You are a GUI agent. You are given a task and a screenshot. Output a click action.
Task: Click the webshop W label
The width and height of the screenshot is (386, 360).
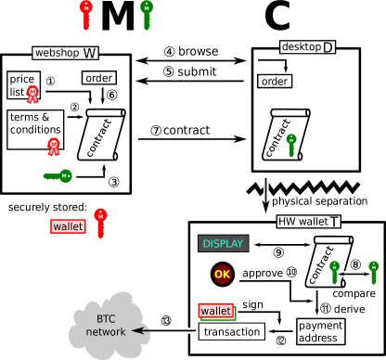[x=66, y=53]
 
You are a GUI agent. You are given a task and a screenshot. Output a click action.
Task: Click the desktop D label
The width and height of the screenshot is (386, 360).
[x=308, y=46]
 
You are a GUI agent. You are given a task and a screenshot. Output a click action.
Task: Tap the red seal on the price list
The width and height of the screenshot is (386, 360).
[x=33, y=93]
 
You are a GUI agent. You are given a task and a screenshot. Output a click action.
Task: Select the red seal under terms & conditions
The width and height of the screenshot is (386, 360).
[x=54, y=145]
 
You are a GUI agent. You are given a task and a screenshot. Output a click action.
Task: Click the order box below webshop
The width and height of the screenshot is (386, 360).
[x=98, y=78]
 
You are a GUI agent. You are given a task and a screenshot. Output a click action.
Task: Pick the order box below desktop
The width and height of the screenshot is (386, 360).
[x=274, y=82]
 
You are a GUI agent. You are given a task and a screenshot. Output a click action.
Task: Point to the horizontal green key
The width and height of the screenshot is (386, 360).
[x=58, y=175]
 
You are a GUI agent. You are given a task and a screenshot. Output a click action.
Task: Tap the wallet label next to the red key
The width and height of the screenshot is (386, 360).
[x=68, y=226]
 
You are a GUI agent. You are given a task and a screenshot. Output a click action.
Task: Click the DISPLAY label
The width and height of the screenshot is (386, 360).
[x=223, y=244]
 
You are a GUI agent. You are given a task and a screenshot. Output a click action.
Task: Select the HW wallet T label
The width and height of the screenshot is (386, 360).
[x=309, y=222]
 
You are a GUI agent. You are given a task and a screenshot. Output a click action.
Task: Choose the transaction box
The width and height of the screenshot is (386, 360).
[x=231, y=331]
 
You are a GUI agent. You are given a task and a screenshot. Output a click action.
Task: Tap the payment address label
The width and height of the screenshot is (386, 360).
[x=320, y=331]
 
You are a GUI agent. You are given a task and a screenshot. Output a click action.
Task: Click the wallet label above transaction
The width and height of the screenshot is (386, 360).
[x=215, y=311]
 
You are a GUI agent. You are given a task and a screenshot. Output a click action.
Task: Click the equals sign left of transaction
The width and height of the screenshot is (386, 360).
[x=188, y=331]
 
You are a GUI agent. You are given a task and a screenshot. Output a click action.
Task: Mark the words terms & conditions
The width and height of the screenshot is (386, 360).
[x=35, y=123]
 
